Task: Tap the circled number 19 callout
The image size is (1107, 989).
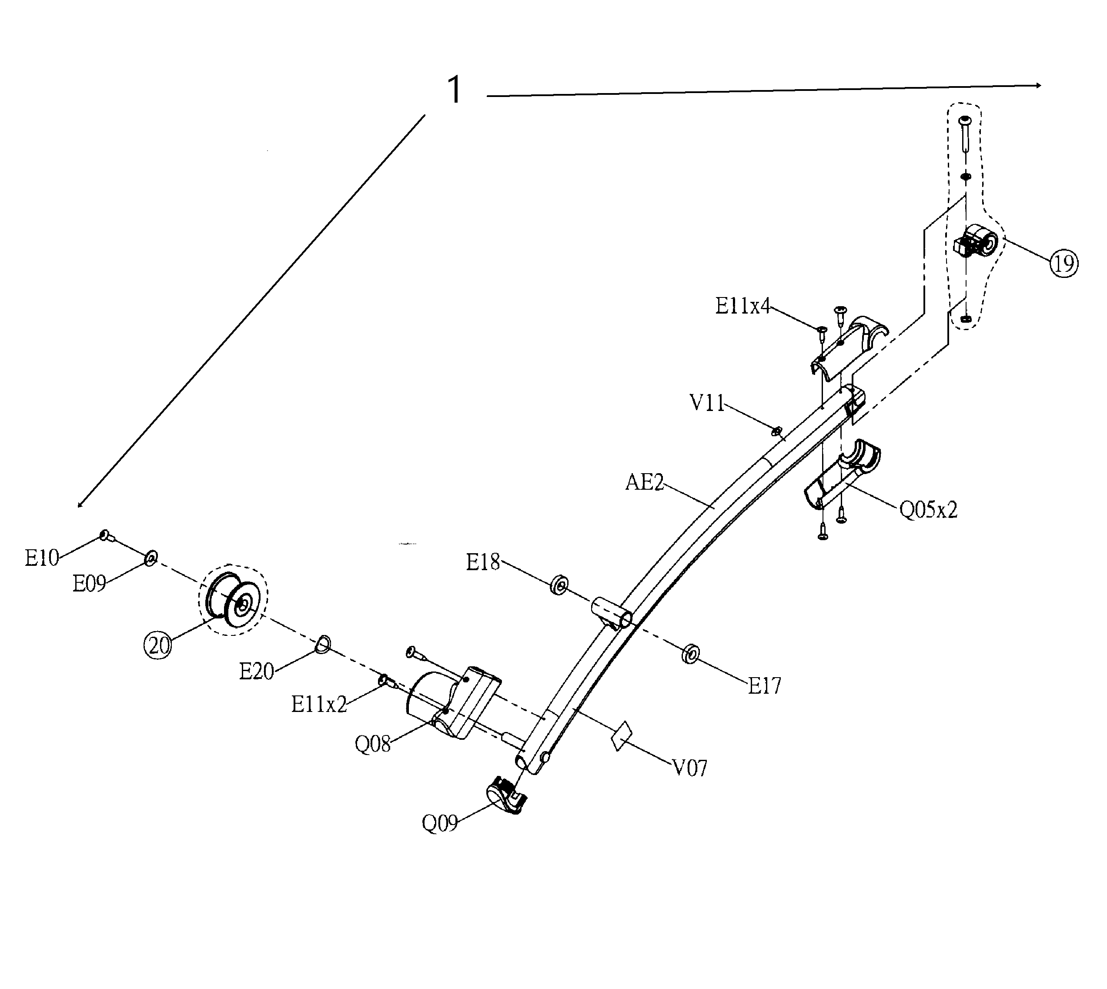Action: point(1064,264)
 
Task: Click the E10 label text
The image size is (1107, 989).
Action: point(41,558)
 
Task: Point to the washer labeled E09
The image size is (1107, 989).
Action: point(151,558)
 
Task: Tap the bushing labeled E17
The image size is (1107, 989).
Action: point(690,654)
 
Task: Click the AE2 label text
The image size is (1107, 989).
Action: point(645,482)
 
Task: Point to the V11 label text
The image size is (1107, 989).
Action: point(707,403)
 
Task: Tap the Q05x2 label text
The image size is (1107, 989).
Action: point(928,510)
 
